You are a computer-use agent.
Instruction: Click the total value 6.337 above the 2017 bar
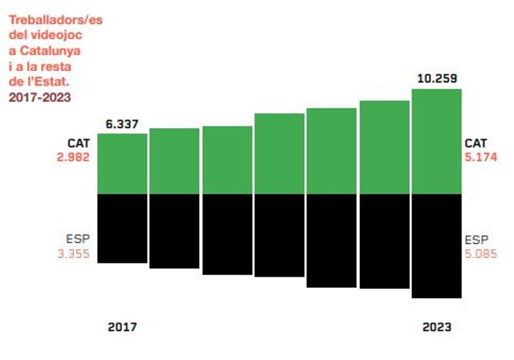coord(122,124)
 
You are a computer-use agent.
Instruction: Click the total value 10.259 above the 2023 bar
coord(436,79)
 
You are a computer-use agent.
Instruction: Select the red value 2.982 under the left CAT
coord(73,157)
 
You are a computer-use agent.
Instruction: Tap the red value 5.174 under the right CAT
coord(481,157)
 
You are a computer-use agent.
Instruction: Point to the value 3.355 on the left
coord(73,254)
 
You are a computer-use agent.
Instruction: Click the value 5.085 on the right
coord(481,254)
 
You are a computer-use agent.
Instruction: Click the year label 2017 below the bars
coord(123,327)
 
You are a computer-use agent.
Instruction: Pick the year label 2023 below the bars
coord(437,327)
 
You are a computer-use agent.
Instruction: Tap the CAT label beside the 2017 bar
coord(78,143)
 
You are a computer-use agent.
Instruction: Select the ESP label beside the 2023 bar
coord(477,240)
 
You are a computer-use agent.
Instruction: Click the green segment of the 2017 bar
coord(122,164)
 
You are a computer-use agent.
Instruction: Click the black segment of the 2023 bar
coord(436,246)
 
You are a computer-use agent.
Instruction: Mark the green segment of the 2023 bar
coord(436,141)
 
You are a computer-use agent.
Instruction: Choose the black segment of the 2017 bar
coord(122,228)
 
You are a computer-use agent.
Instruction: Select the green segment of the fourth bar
coord(279,153)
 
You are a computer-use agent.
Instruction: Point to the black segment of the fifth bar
coord(332,240)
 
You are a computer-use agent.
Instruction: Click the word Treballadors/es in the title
coord(56,20)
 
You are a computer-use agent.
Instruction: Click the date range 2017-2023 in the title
coord(39,97)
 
